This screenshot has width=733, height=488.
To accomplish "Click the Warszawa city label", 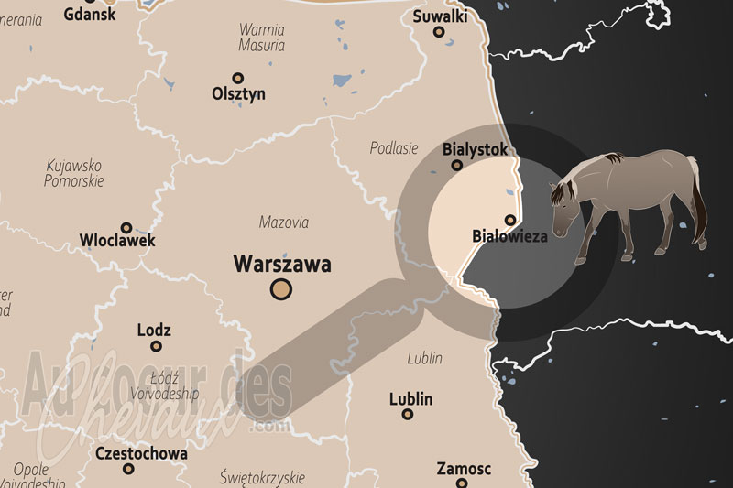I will click(282, 265).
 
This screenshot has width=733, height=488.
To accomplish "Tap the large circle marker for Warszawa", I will click(281, 290).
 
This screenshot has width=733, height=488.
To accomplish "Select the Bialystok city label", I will click(474, 148).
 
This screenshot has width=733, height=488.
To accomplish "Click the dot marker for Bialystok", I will click(457, 166).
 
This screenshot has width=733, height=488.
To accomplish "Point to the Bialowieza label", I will click(509, 236).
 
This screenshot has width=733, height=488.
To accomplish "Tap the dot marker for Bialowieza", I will click(510, 219).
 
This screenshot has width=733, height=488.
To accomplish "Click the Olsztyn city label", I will click(238, 93).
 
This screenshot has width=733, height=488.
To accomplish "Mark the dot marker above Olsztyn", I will click(238, 78).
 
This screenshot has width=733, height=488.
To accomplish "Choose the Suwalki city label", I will click(440, 16).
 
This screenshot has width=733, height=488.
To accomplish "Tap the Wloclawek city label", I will click(117, 241).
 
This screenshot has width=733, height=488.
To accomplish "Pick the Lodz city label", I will click(153, 331).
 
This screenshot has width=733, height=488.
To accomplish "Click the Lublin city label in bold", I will click(410, 399).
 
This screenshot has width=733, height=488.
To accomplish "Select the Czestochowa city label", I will click(141, 453).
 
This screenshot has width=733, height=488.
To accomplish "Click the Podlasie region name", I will click(394, 147).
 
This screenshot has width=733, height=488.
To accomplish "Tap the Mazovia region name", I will click(284, 222).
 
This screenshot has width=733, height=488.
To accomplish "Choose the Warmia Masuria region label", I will click(262, 37).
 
